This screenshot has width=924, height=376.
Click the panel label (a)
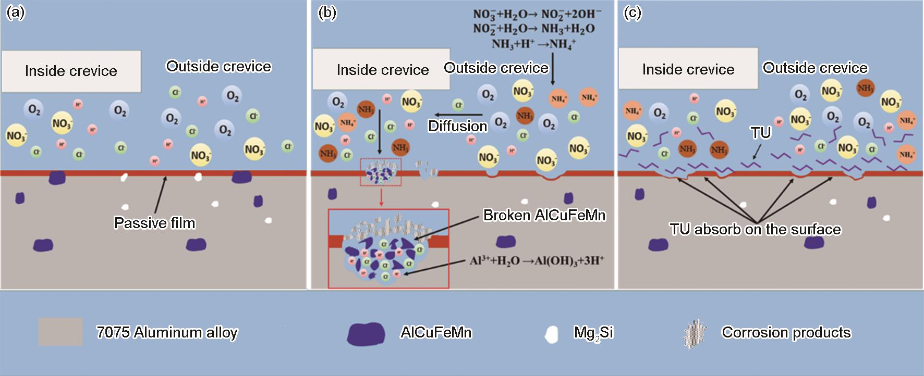[15, 13]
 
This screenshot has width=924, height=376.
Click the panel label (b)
[327, 13]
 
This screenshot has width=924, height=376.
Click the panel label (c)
[633, 13]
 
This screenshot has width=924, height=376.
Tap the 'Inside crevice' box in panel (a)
[71, 71]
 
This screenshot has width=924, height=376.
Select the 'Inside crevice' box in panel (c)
[688, 69]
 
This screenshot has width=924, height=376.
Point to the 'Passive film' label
[154, 223]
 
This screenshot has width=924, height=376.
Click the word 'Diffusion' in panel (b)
[457, 126]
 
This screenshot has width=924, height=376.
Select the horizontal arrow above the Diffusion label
[459, 115]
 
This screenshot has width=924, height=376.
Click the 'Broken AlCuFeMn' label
[544, 216]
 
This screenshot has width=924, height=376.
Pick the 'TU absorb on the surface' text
[755, 229]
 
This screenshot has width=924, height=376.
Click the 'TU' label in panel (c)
[761, 133]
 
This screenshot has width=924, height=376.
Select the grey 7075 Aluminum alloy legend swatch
[60, 332]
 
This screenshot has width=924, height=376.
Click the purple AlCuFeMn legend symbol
[366, 333]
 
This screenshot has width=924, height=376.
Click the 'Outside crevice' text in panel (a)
[218, 67]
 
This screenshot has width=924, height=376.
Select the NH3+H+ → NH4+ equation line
[533, 44]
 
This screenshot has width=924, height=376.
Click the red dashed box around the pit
[381, 173]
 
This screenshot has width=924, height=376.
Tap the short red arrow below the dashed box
[381, 197]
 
